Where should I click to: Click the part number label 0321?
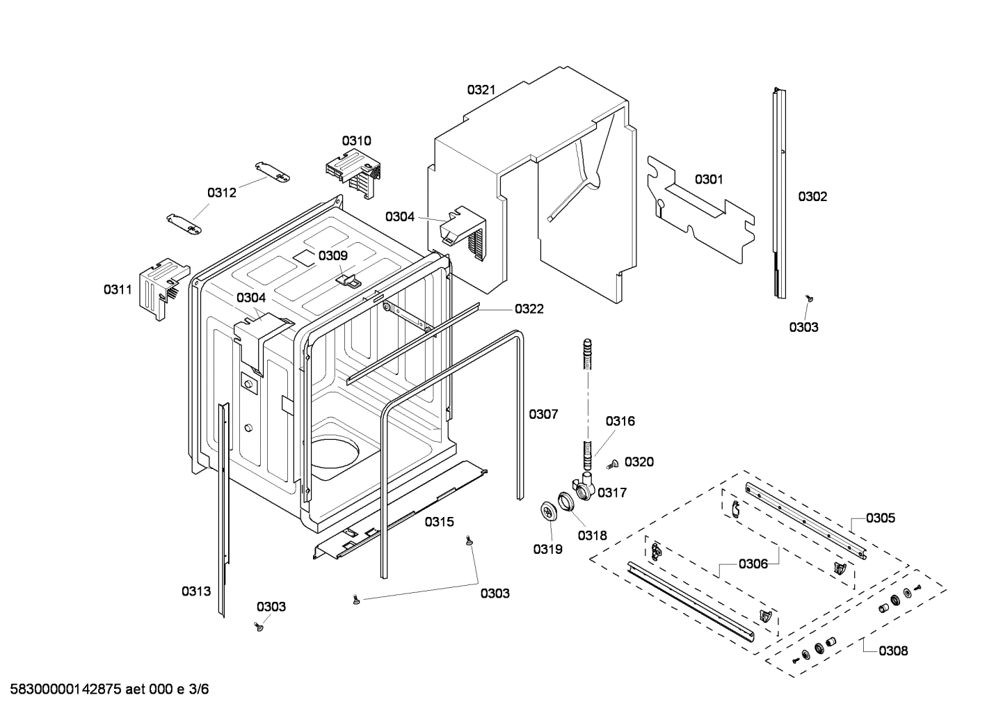[481, 89]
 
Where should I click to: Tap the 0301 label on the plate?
[709, 180]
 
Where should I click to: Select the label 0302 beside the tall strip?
[812, 197]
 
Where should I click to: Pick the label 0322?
[529, 309]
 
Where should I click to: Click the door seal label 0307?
[543, 414]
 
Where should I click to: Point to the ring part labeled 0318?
[567, 502]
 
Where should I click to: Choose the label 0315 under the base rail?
[439, 521]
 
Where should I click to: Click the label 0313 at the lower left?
[196, 591]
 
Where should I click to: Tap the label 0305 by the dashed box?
[881, 518]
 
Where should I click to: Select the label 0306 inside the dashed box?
[753, 564]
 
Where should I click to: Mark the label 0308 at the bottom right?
[893, 651]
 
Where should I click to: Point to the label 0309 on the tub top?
[332, 256]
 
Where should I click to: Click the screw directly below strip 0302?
[809, 298]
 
